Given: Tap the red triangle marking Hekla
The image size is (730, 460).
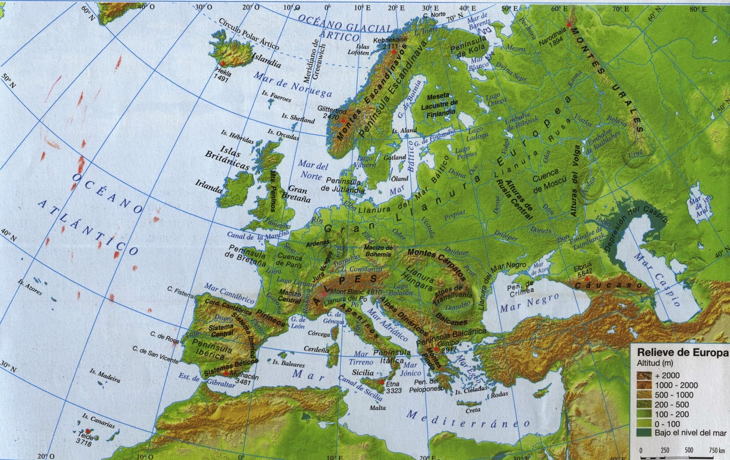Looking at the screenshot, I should [224, 63].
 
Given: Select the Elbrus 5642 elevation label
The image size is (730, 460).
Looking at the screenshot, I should [584, 270].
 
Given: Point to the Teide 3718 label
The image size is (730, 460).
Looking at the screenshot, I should [85, 439].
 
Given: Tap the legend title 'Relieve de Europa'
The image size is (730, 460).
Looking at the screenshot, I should [682, 353].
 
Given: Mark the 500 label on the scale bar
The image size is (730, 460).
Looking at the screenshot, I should [689, 450].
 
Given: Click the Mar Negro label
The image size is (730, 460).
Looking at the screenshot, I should [529, 303].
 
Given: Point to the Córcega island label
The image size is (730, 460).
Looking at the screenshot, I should [319, 334].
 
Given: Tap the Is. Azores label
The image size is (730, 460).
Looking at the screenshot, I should [30, 286].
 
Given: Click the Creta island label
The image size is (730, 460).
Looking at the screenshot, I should [473, 410].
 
